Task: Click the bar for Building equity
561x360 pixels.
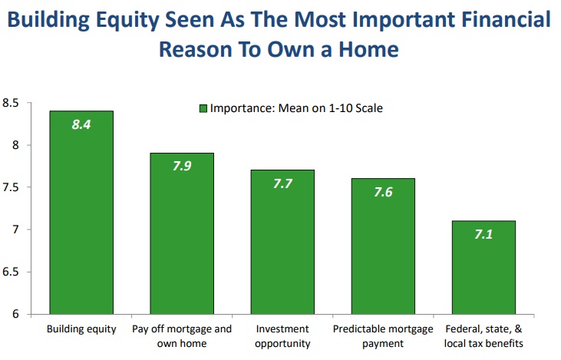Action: coord(81,213)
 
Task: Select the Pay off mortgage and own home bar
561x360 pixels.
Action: coord(182,233)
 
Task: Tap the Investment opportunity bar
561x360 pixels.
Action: coord(282,243)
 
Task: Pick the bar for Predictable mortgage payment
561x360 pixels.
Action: coord(383,246)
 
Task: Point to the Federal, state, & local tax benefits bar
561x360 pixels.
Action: coord(483,268)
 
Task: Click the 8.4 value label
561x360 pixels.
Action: coord(81,124)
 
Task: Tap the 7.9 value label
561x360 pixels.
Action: coord(182,166)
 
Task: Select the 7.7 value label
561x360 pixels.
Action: coord(282,183)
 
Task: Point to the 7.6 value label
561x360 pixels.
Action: coord(383,192)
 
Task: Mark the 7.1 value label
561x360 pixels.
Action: coord(483,234)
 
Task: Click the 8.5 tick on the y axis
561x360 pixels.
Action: coord(11,103)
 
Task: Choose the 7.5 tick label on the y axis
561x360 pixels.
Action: coord(11,187)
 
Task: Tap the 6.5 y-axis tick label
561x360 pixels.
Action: coord(11,272)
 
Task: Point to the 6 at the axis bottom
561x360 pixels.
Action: coord(15,314)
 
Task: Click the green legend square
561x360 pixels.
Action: coord(203,108)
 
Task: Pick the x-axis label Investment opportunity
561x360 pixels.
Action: coord(282,336)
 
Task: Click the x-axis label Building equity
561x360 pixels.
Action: coord(81,329)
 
